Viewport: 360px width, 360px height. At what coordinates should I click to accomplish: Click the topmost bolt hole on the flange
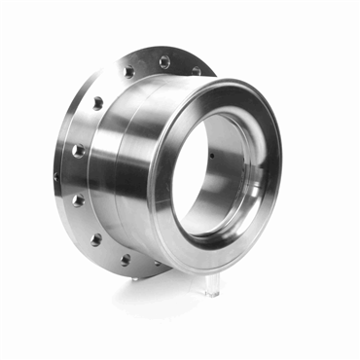click(x=164, y=62)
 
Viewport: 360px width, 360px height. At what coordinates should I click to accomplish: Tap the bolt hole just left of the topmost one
click(x=128, y=72)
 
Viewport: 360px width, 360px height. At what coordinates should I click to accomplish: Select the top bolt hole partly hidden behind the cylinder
click(x=197, y=70)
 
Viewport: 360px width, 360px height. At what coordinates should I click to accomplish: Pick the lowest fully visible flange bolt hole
click(x=125, y=260)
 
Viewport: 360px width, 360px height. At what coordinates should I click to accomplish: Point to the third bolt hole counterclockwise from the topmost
click(x=78, y=151)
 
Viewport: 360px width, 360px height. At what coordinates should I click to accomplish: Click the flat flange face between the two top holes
click(x=146, y=64)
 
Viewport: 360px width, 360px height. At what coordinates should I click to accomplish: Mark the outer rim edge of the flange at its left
click(x=57, y=175)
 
